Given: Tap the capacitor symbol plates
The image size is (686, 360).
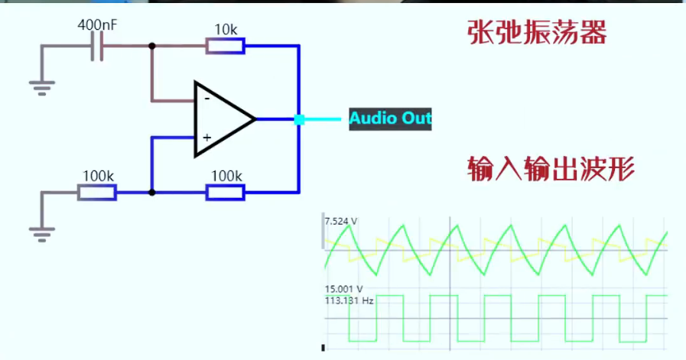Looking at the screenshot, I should [96, 47].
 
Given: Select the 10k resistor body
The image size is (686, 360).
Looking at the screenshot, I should [226, 47].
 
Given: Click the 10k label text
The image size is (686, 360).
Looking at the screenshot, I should [226, 30].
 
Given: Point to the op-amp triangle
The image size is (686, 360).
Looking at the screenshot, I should [222, 119].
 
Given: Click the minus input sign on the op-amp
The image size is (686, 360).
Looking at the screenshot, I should [205, 98].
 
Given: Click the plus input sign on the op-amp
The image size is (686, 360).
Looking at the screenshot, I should [205, 138].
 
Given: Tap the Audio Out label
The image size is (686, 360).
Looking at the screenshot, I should [390, 118].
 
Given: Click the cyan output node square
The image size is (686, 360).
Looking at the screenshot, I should [299, 119].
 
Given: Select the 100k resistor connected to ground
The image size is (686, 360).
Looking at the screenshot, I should [97, 193].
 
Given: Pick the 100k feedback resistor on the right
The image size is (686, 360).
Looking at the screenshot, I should [226, 193].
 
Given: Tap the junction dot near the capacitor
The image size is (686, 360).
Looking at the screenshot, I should [152, 47].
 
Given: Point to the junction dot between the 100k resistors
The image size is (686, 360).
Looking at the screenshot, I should [152, 193].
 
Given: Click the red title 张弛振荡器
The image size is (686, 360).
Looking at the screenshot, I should [536, 33].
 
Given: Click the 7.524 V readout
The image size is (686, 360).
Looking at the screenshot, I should [341, 222].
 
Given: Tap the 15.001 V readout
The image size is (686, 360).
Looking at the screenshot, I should [341, 289].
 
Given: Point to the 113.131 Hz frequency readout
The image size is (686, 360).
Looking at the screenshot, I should [349, 300].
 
